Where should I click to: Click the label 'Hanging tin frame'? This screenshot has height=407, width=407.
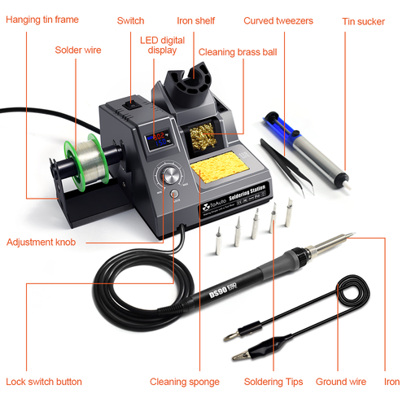[48, 20]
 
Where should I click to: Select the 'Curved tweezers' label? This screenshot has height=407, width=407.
[278, 20]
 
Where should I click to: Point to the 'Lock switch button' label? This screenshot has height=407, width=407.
[45, 381]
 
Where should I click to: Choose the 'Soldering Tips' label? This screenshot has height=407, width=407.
[274, 381]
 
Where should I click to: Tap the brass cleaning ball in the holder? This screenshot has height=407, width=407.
[200, 137]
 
